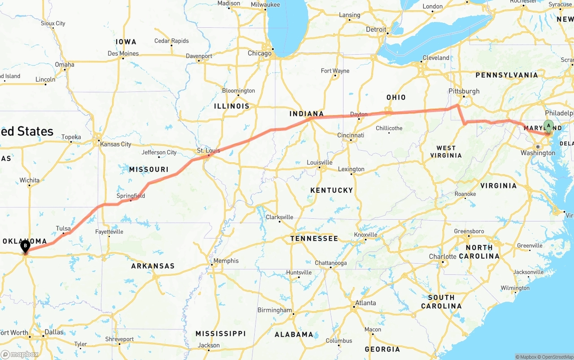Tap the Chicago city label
coord(260,53)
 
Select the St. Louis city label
coord(209,150)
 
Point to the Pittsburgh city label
coord(464,91)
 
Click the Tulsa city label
coord(63,228)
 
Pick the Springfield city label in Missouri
coord(130,196)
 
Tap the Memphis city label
coord(226,260)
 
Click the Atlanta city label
coord(365,303)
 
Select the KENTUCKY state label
coord(331,190)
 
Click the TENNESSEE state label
coord(314,239)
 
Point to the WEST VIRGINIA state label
coord(446,152)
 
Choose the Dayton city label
coord(359,114)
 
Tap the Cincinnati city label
coord(351,135)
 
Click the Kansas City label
coord(116,144)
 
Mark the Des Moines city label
coord(123,53)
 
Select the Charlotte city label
coord(443,256)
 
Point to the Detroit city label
coord(376,30)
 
